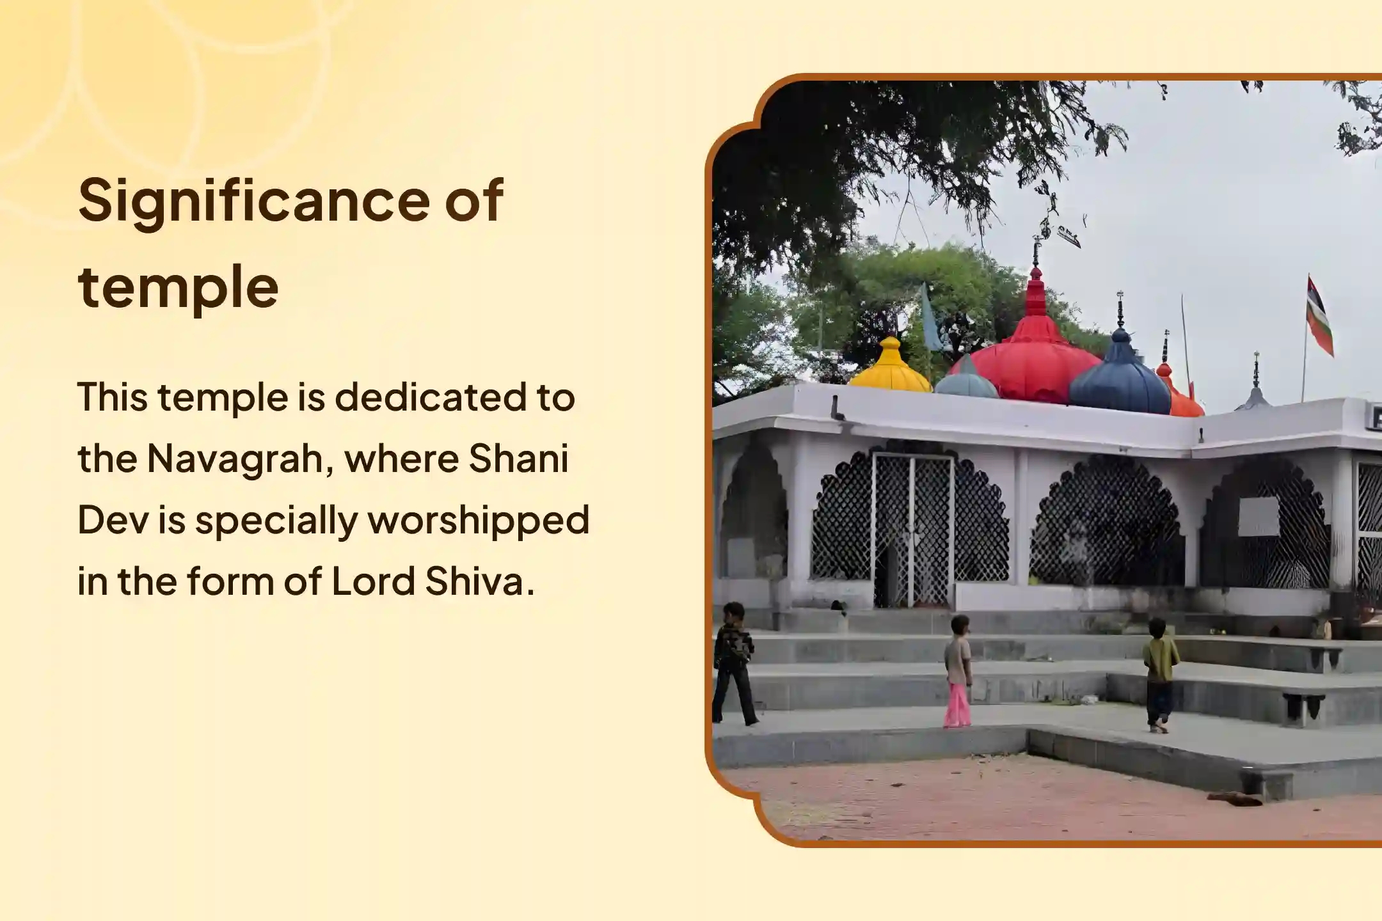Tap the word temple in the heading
(179, 288)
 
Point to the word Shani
(519, 459)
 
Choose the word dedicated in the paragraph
(430, 397)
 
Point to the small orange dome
(1180, 395)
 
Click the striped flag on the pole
(1319, 316)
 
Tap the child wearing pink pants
(957, 672)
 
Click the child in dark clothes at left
(733, 664)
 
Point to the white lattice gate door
(912, 531)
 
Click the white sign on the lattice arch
(1259, 516)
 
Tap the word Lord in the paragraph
(373, 581)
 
